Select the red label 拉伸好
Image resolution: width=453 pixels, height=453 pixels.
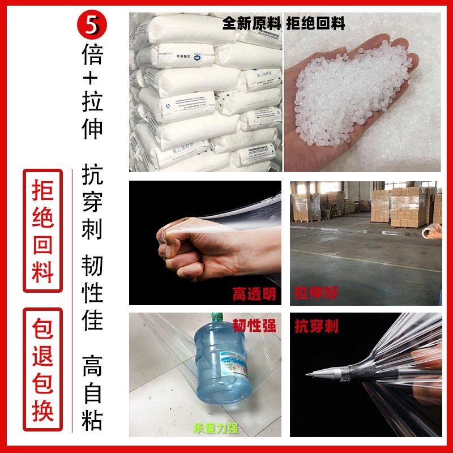pyautogui.click(x=316, y=293)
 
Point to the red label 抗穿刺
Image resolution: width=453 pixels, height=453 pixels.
pyautogui.click(x=317, y=326)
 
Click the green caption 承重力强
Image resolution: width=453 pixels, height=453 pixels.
pyautogui.click(x=215, y=428)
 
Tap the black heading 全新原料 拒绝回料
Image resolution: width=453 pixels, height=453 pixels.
pyautogui.click(x=283, y=23)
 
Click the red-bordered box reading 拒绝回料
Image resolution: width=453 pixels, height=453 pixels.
pyautogui.click(x=42, y=230)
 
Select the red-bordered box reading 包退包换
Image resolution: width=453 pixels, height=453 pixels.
pyautogui.click(x=42, y=369)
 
